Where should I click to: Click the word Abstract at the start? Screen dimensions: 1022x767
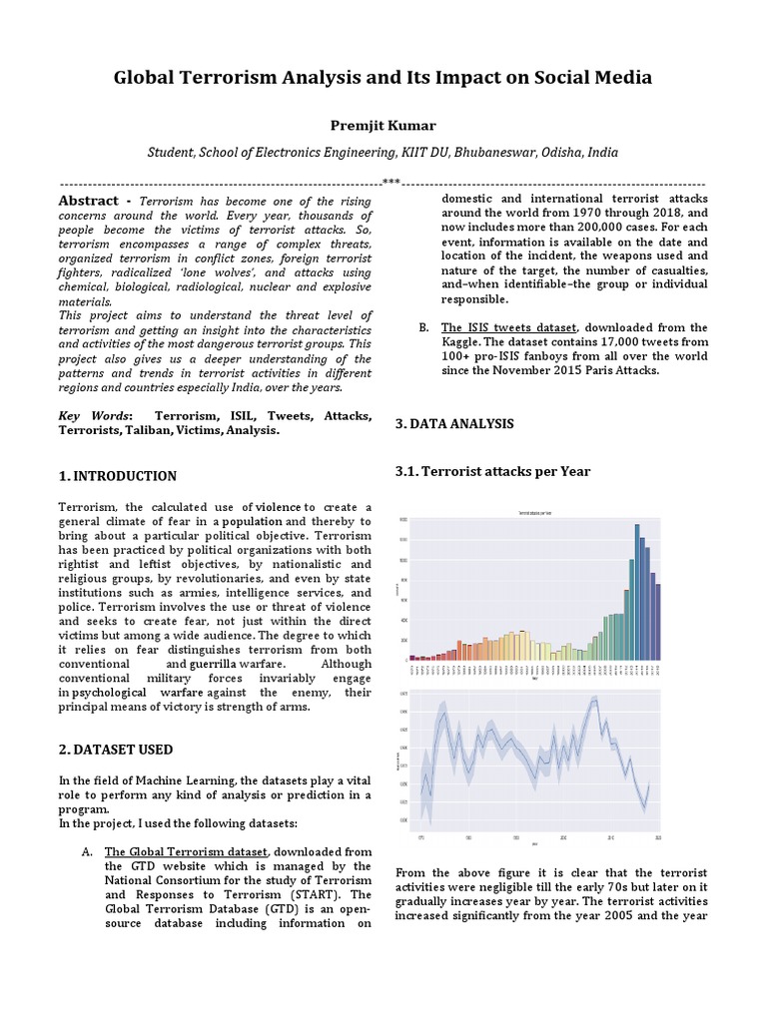coord(95,201)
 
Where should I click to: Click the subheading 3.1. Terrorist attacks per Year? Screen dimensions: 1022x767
coord(492,471)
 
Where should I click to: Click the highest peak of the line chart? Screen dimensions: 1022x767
coord(595,700)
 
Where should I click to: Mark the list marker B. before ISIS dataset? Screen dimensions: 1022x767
coord(423,327)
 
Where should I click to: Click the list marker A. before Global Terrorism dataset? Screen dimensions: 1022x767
coord(86,851)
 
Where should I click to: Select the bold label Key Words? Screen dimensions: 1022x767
coord(94,416)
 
